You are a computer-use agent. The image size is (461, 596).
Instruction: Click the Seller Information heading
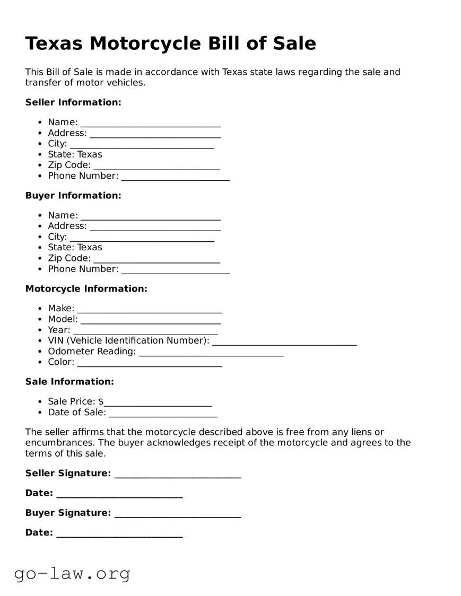coord(73,102)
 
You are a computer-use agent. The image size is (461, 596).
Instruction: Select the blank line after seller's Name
coord(150,124)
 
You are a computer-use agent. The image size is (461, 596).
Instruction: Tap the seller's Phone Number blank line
coord(175,178)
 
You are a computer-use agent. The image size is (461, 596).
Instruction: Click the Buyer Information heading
coord(73,196)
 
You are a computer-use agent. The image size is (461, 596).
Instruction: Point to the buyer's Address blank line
coord(155,228)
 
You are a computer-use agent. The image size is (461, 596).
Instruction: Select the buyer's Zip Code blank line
coord(156,260)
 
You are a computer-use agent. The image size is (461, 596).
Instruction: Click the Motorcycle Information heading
coord(86,289)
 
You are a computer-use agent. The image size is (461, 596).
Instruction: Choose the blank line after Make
coord(149,310)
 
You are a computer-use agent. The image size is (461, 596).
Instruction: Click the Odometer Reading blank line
coord(211,353)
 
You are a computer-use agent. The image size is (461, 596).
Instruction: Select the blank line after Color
coord(149,364)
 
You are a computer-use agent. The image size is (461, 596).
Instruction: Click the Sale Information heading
coord(69,382)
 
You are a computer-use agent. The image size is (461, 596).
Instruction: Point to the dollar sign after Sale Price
coord(101,402)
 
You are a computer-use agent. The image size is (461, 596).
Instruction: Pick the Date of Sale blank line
coord(163,414)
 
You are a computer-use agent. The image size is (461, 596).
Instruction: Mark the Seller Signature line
coord(177,475)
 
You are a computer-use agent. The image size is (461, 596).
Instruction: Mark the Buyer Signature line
coord(177,515)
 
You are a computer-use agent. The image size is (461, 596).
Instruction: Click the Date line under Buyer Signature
coord(119,534)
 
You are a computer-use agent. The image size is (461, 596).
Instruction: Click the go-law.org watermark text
coord(72,573)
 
